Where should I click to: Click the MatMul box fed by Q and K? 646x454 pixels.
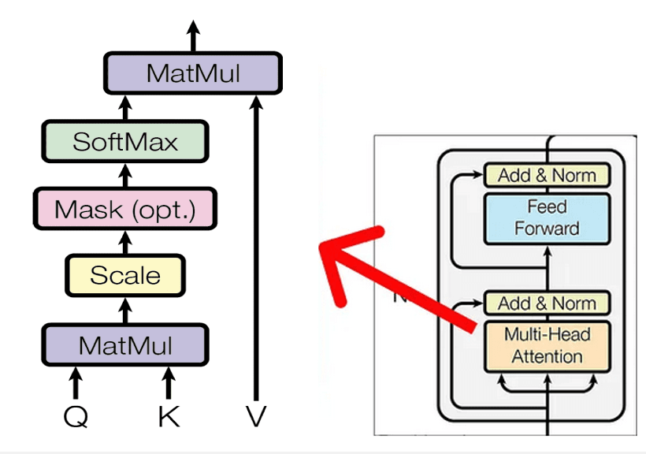(x=126, y=345)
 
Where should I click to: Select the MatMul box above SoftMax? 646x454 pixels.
(x=193, y=73)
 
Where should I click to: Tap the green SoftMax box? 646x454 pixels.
(x=125, y=142)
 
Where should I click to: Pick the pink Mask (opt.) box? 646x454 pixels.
(x=125, y=209)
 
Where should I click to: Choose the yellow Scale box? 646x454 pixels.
(x=125, y=276)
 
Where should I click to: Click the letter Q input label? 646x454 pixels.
(x=76, y=415)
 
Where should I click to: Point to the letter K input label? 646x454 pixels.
(x=168, y=415)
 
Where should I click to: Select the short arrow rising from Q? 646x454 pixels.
(x=76, y=382)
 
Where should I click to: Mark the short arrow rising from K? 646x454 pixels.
(x=168, y=382)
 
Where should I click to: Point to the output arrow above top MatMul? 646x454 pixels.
(x=193, y=35)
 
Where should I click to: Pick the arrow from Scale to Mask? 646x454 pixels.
(x=125, y=241)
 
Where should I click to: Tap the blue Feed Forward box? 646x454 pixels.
(x=547, y=218)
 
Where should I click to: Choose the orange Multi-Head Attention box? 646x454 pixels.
(x=547, y=345)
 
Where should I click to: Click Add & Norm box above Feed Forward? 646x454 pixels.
(x=547, y=175)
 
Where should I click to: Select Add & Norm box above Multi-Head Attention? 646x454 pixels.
(x=547, y=303)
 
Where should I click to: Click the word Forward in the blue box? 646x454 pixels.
(x=547, y=229)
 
